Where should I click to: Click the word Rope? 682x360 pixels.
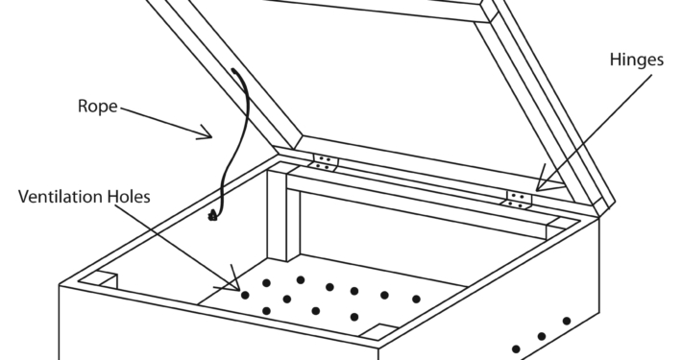(x=97, y=107)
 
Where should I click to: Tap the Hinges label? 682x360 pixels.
(x=636, y=60)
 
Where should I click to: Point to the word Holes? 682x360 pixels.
(x=129, y=197)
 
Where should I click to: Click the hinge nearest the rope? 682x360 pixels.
(x=323, y=162)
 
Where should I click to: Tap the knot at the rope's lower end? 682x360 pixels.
(x=213, y=215)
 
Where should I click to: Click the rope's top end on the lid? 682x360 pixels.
(x=234, y=70)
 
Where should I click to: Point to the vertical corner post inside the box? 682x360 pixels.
(x=283, y=214)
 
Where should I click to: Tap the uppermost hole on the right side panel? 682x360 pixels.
(x=567, y=321)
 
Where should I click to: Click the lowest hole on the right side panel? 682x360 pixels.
(x=516, y=348)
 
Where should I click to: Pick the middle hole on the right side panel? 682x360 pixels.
(x=542, y=336)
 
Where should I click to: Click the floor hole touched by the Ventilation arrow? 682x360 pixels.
(x=245, y=296)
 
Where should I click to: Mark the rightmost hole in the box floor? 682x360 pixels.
(x=416, y=300)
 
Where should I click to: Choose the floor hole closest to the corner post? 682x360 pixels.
(x=300, y=279)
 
